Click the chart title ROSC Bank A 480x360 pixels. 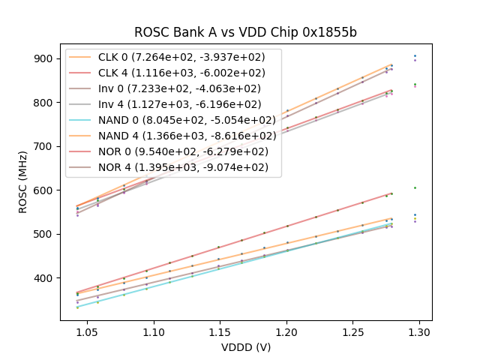coord(245,32)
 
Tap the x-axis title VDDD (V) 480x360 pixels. coord(245,347)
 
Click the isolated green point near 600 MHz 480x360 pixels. coord(415,188)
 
